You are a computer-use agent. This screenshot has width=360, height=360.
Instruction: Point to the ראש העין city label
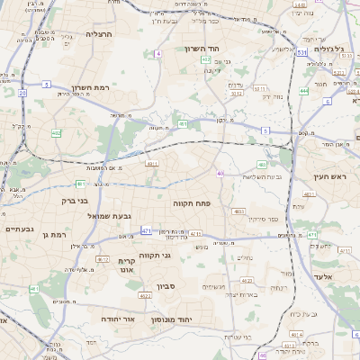(329, 177)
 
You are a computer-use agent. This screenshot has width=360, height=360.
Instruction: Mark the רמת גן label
(54, 235)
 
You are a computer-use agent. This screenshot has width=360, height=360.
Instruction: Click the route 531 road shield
(302, 53)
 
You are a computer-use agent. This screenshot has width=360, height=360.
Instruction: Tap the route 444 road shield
(304, 91)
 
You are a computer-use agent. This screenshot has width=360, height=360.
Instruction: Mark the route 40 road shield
(220, 173)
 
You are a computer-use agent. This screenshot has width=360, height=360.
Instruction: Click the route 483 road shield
(262, 165)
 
